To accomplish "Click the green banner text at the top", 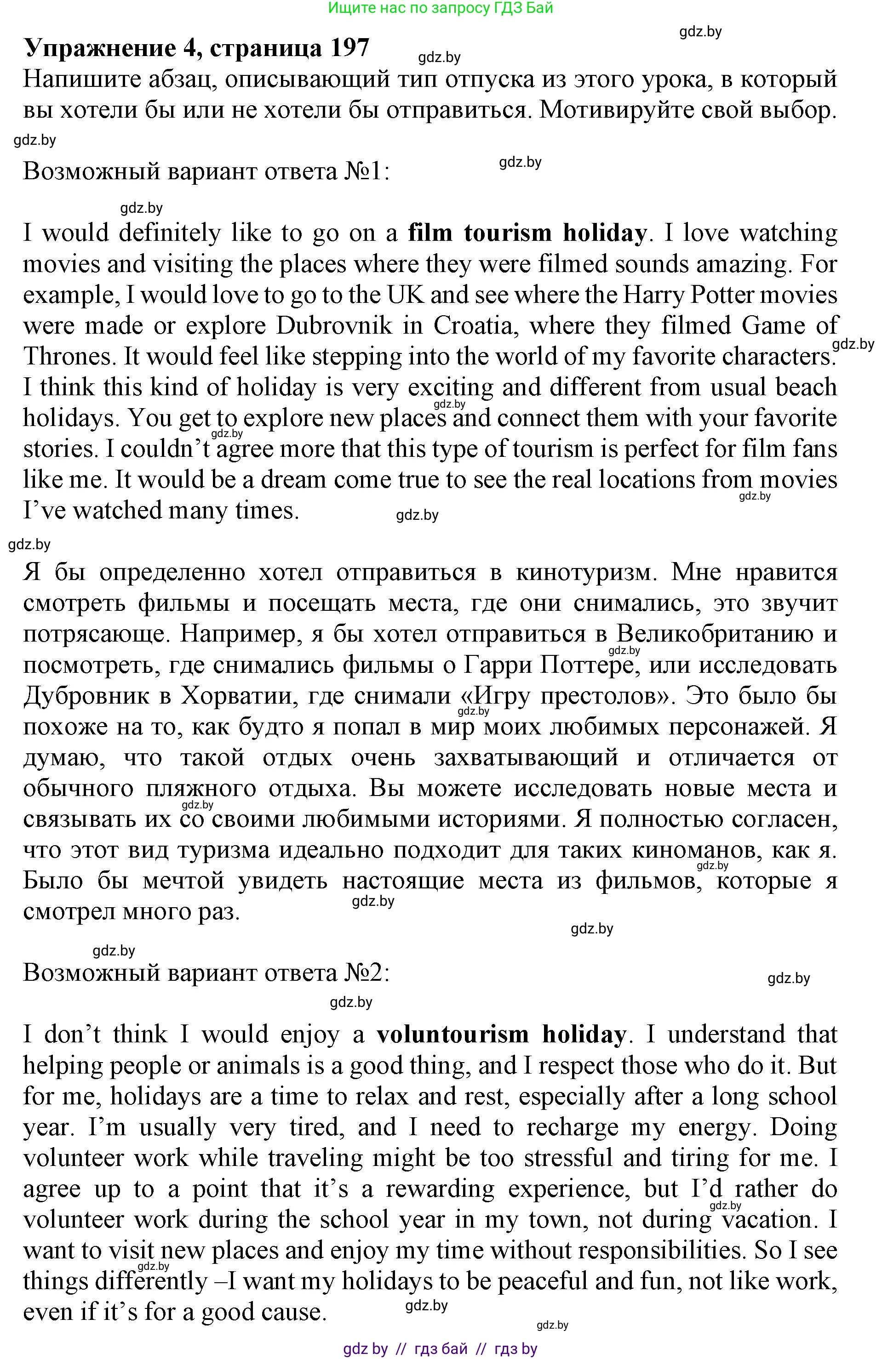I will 441,8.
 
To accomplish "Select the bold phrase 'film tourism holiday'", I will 527,233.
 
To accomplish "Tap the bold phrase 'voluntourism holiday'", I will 501,1034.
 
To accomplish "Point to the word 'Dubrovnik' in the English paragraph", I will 335,325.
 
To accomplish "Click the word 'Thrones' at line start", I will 69,356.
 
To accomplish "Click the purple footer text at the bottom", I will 441,1350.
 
